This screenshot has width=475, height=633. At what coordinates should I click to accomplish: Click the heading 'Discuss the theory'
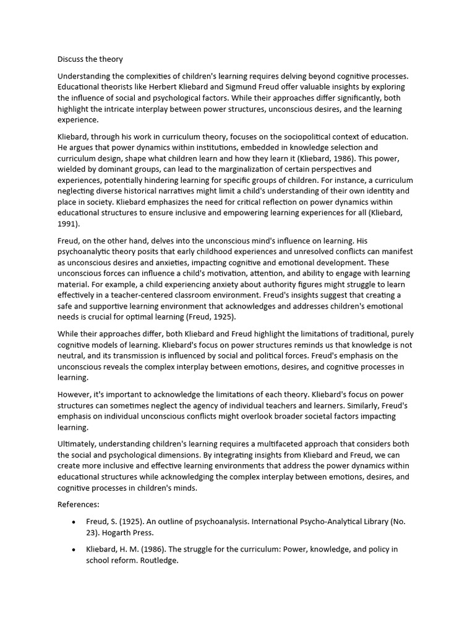90,59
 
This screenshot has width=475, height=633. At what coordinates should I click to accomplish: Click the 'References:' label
79,504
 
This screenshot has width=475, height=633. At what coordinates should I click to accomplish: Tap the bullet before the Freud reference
74,522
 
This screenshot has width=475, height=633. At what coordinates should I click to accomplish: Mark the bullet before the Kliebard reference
74,550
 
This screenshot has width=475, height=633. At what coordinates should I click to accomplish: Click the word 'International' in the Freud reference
263,522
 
